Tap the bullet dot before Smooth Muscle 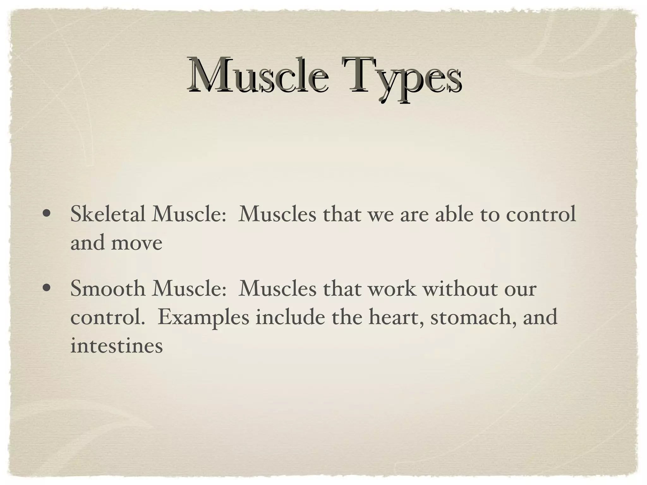[x=46, y=288]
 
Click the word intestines [x=116, y=346]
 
